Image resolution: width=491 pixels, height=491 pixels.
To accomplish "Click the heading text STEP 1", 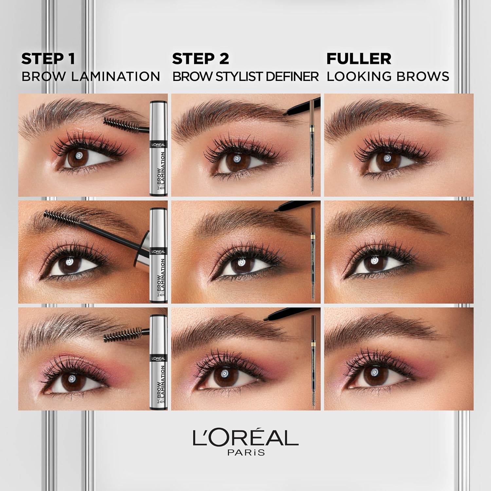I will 48,59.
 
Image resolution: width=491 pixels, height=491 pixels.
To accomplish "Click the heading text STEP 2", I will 200,59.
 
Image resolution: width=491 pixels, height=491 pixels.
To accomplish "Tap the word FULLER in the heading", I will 359,59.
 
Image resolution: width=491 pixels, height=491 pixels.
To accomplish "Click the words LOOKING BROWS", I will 388,76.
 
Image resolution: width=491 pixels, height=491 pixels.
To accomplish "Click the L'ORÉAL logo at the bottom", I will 245,438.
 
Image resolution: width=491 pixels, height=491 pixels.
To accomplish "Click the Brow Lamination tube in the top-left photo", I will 158,149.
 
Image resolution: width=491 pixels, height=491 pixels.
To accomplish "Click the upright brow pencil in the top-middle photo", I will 312,147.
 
